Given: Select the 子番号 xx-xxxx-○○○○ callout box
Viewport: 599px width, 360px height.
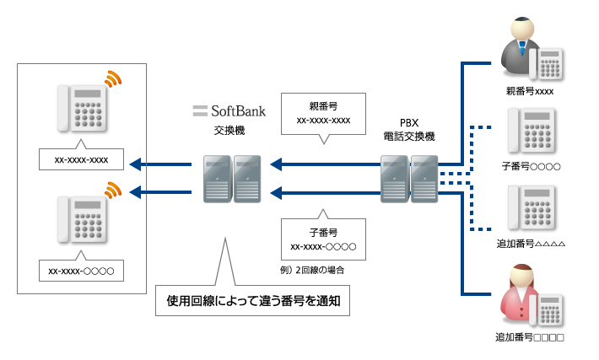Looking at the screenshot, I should coord(323,239).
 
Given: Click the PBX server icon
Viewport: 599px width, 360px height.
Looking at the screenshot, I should coord(409,178).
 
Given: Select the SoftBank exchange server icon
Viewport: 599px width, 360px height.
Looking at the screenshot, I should coord(230,178).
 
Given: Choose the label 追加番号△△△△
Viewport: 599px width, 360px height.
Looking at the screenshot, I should coord(530,244).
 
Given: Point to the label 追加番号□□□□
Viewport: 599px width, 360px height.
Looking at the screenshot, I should coord(530,337).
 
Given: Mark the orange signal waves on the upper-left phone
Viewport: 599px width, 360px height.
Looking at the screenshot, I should coord(113,79).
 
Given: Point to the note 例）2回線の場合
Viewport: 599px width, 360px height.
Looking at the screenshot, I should coord(314,271).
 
